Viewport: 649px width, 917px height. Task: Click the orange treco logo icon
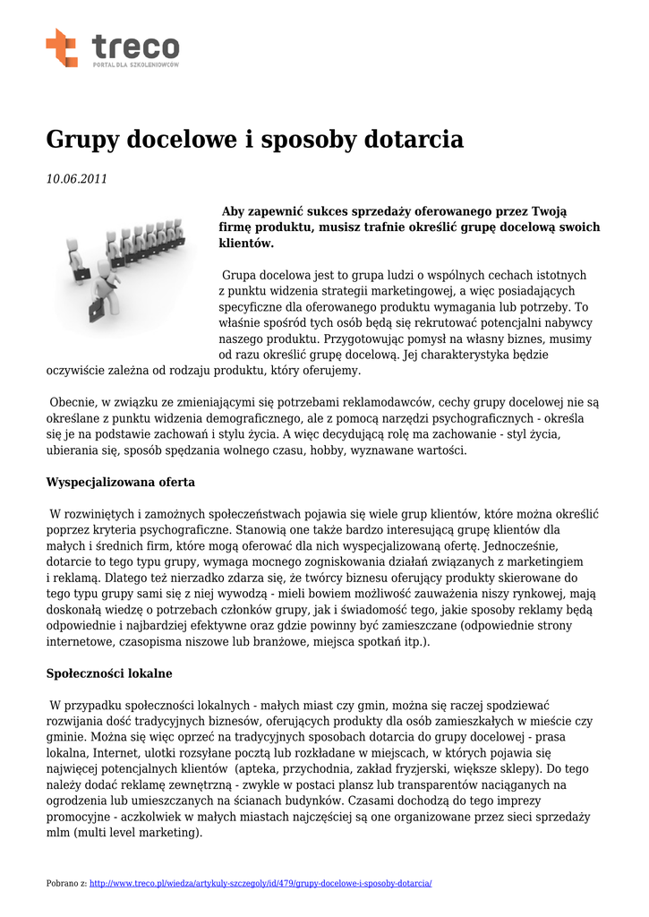(x=62, y=47)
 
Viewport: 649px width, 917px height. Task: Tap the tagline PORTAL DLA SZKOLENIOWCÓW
(x=135, y=65)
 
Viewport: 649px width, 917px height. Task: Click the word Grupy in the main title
(x=82, y=140)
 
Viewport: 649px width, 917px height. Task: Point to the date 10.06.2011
(x=77, y=179)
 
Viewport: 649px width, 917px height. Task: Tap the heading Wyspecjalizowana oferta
(x=120, y=482)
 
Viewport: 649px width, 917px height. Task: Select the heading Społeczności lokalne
(x=109, y=673)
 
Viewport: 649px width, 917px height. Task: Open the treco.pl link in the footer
(x=260, y=884)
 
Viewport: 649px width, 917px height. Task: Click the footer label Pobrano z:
(x=66, y=884)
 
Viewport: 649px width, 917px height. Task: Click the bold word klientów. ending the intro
(x=246, y=244)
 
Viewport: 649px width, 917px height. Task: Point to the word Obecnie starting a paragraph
(x=73, y=402)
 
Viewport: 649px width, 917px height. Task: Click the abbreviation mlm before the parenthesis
(x=60, y=832)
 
